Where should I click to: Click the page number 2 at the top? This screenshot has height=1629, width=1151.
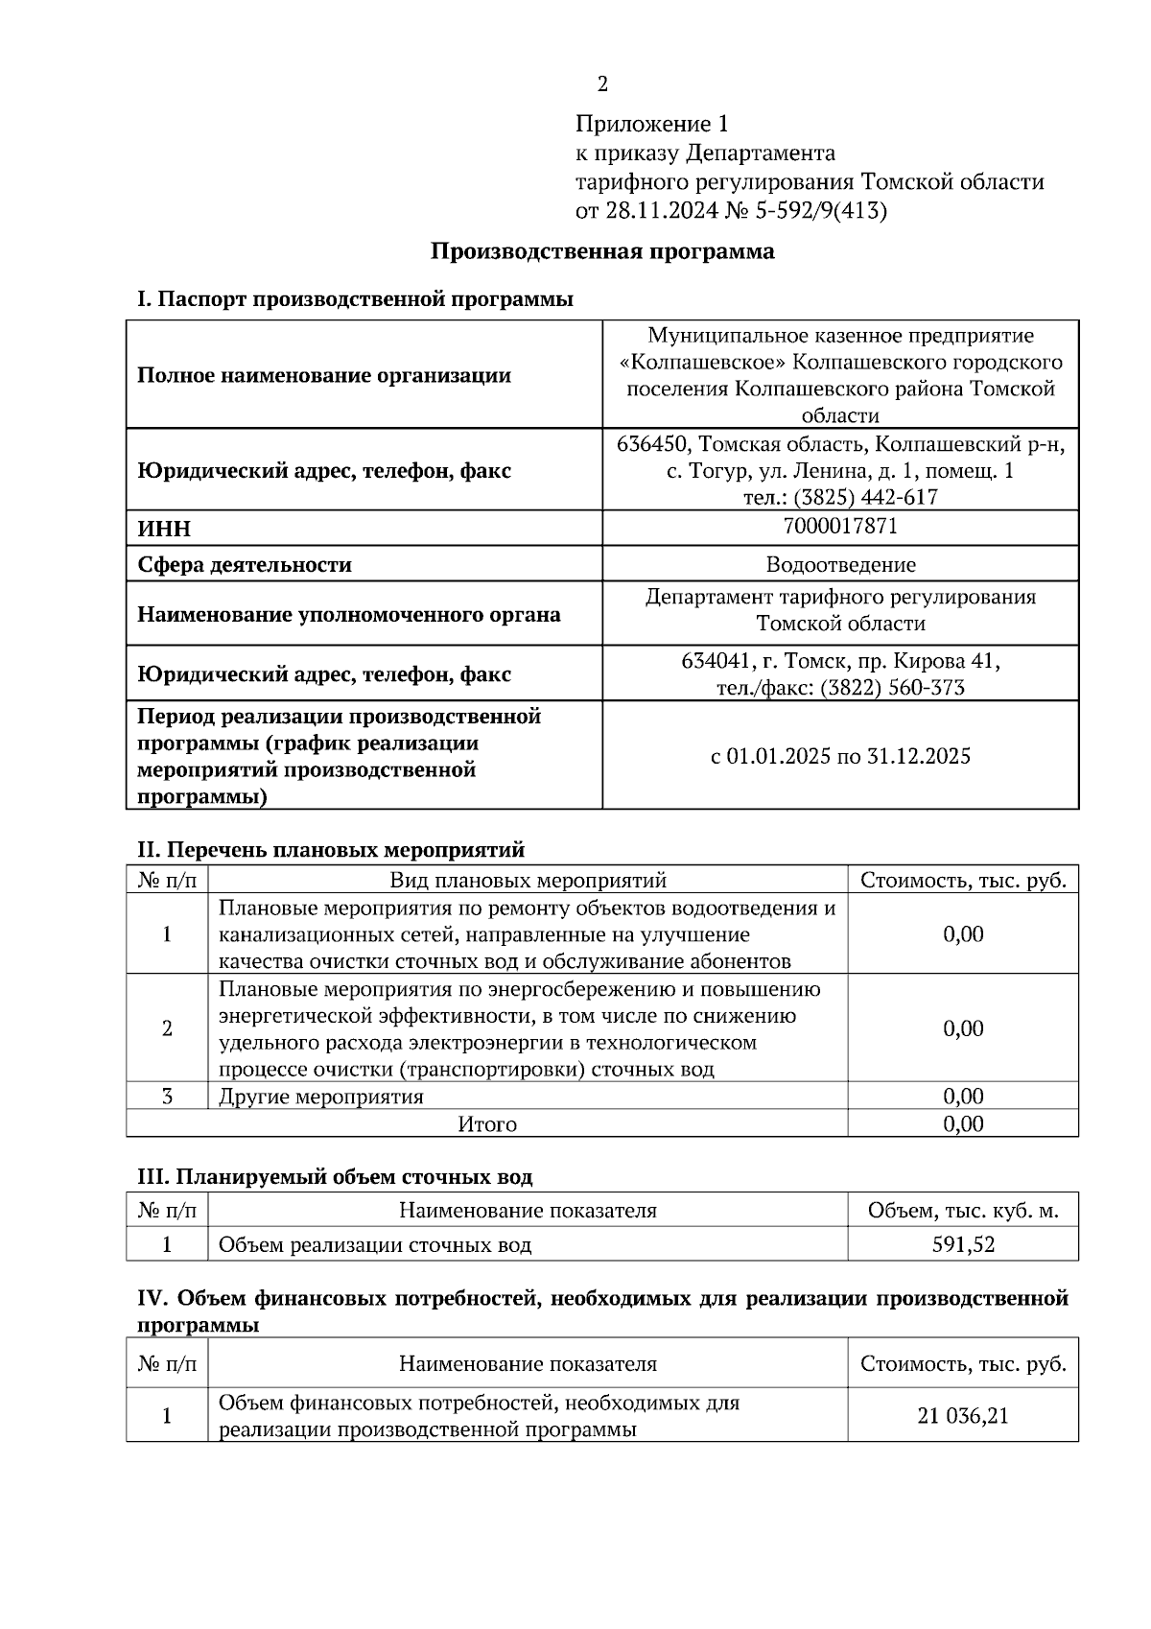pos(602,85)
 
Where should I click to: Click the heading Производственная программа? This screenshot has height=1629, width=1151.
pos(601,251)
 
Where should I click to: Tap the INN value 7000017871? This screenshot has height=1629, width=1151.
pos(840,527)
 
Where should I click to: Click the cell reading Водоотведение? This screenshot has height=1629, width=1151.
pos(840,565)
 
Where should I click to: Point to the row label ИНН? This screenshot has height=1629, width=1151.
pos(164,529)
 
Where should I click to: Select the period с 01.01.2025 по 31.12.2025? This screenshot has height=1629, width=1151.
pos(840,756)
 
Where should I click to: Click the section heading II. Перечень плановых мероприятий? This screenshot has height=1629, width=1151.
pos(331,850)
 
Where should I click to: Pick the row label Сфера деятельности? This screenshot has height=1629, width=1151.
pos(245,565)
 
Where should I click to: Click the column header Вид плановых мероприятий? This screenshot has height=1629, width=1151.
pos(528,881)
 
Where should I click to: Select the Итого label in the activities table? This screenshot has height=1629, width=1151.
pos(487,1124)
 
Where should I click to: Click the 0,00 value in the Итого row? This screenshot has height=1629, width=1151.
pos(963,1124)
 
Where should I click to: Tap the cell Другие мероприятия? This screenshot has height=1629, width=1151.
pos(321,1097)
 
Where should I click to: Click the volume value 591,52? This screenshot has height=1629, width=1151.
pos(963,1245)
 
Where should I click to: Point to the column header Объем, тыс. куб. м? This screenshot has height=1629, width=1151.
pos(963,1211)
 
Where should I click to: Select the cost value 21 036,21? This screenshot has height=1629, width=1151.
pos(963,1416)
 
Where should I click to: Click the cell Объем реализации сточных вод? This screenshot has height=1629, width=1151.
pos(375,1245)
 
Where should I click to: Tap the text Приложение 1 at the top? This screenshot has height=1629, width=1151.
pos(652,124)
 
